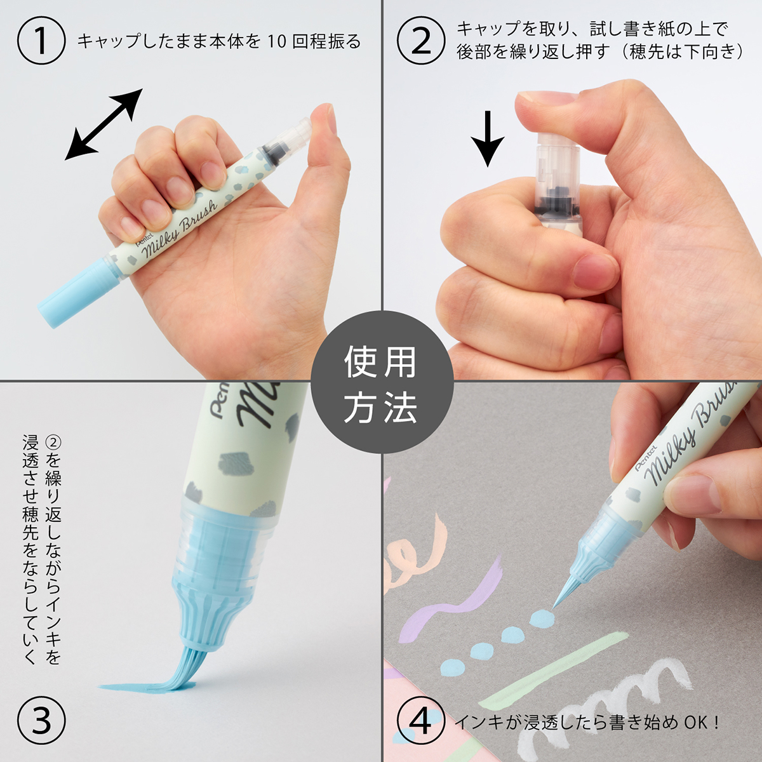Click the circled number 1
point(41,41)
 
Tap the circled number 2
point(421,41)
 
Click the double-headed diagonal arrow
point(105,124)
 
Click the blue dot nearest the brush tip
point(540,618)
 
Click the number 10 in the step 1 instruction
point(277,42)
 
